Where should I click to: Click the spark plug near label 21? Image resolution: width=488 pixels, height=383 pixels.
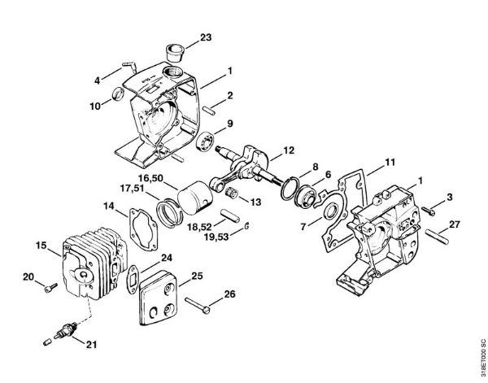tap(65, 330)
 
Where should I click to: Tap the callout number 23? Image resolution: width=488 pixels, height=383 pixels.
tap(206, 37)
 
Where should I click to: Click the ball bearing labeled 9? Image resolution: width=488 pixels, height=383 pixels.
tap(205, 141)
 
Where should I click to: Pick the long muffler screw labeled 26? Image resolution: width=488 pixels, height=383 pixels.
tap(198, 305)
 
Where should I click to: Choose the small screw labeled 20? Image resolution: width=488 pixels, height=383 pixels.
tap(51, 288)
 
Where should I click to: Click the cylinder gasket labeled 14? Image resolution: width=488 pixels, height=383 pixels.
tap(143, 229)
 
